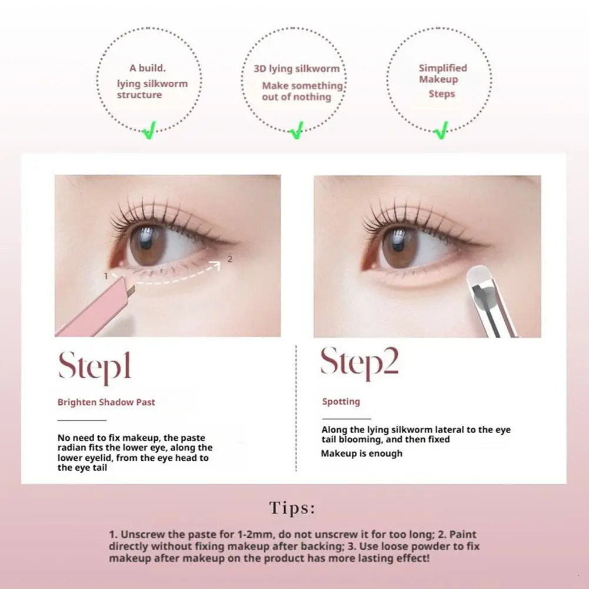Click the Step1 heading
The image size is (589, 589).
[94, 367]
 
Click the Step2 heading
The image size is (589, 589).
[359, 363]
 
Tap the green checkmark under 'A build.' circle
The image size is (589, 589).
[149, 131]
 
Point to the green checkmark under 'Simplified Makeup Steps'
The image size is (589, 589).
[441, 130]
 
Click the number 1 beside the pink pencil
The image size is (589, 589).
[105, 275]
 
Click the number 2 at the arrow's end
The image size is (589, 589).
[229, 258]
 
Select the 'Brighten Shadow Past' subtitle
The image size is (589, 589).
[106, 402]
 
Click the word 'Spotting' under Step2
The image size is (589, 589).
[341, 401]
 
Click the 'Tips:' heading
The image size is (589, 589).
[292, 508]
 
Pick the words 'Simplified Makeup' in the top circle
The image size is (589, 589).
[442, 74]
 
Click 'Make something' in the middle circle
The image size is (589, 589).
[302, 86]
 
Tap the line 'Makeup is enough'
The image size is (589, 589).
[361, 453]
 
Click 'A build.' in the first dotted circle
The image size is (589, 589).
[148, 68]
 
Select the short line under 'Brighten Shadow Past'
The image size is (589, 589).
[82, 420]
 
